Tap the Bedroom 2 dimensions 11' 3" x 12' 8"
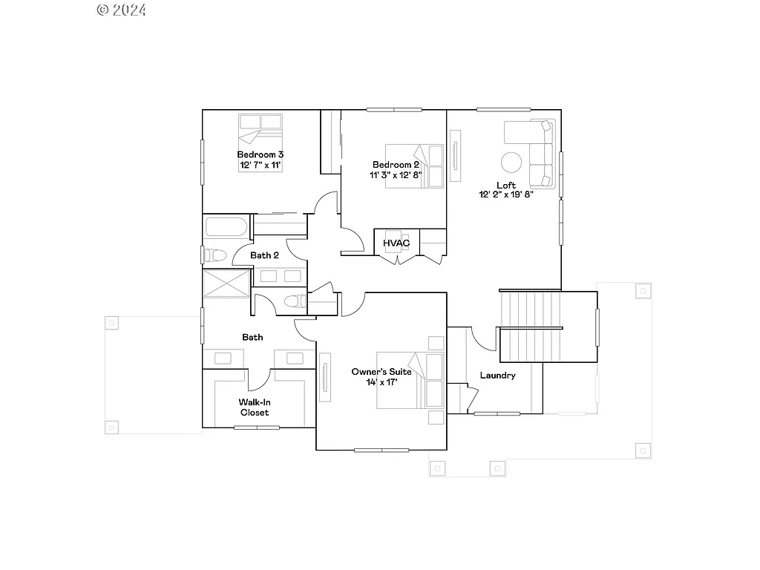pyautogui.click(x=396, y=176)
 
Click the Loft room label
pyautogui.click(x=506, y=185)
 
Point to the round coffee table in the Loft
pyautogui.click(x=511, y=162)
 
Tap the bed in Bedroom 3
pyautogui.click(x=261, y=131)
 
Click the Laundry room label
pyautogui.click(x=497, y=376)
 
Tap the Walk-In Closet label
pyautogui.click(x=254, y=407)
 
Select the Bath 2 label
pyautogui.click(x=264, y=255)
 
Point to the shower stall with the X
pyautogui.click(x=227, y=285)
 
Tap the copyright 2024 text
pyautogui.click(x=122, y=10)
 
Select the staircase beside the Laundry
pyautogui.click(x=530, y=327)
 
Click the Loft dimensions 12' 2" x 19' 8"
pyautogui.click(x=506, y=195)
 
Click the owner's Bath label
pyautogui.click(x=252, y=337)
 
